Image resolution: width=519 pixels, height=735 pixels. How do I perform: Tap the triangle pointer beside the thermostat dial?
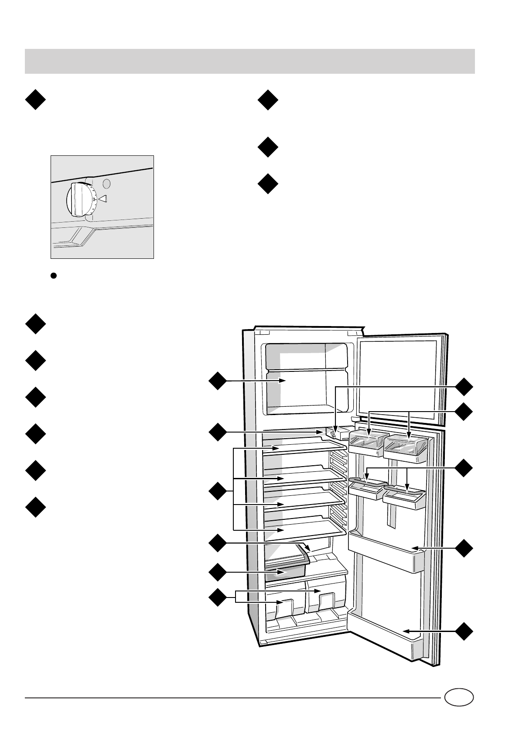pos(102,199)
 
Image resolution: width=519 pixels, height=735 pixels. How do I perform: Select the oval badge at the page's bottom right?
pos(459,697)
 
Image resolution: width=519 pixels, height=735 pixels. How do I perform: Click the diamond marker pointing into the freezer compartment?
pos(217,381)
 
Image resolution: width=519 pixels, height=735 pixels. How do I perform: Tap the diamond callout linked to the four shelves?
pos(217,492)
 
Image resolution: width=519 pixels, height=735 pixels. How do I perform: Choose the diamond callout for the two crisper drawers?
pos(217,597)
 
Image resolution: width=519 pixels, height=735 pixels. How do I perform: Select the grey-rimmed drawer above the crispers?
pos(287,567)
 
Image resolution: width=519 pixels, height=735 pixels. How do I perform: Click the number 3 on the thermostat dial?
pos(94,199)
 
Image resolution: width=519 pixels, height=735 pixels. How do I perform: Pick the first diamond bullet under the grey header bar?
pos(35,100)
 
